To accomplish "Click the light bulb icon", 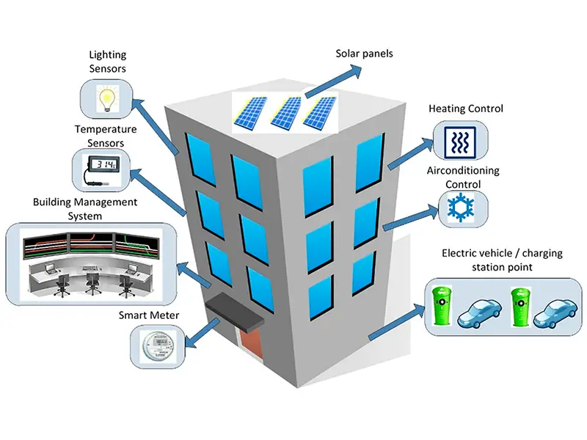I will coord(107,98).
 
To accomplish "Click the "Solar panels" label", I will coord(365,54).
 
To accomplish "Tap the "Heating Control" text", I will coord(466,109).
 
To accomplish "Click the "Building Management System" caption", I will coord(85,208).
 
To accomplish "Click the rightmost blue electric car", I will coord(555,312).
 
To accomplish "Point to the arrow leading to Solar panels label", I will coord(334,80).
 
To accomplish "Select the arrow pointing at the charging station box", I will coord(396,323).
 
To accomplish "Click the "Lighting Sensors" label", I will coord(107,62).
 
